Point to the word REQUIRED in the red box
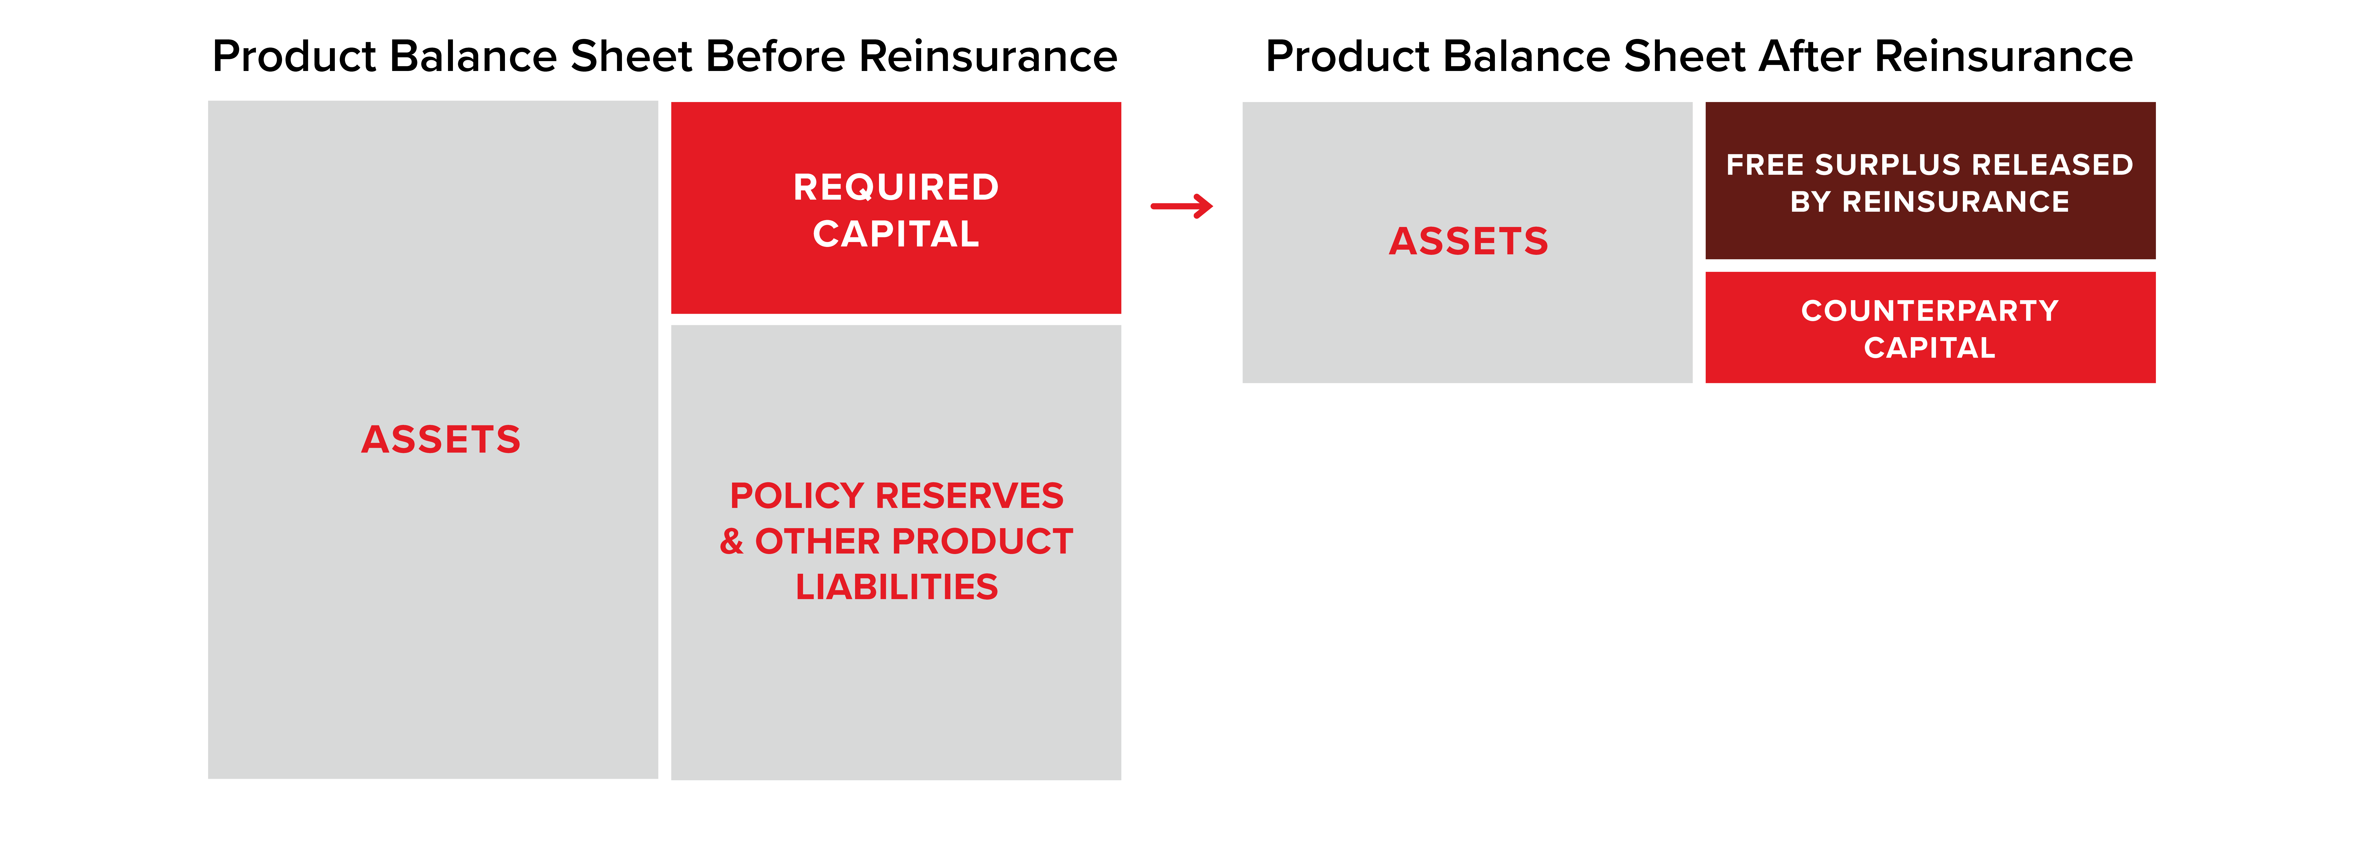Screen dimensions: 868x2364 click(x=896, y=187)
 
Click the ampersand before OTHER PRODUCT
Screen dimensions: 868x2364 click(x=731, y=541)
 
